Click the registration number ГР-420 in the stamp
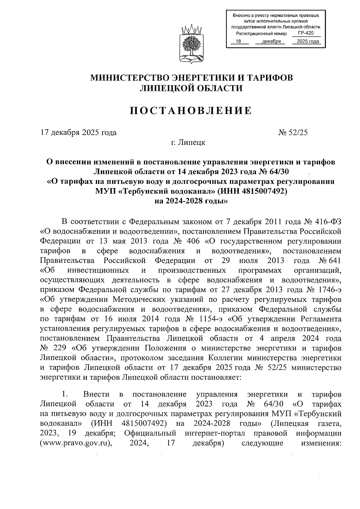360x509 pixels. click(306, 33)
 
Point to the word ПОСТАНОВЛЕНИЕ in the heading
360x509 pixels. click(191, 111)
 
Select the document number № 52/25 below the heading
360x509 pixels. click(293, 133)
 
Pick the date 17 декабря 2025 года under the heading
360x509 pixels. click(79, 133)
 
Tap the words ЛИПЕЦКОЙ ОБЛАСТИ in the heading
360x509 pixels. click(191, 88)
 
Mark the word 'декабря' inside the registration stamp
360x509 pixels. click(271, 41)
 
